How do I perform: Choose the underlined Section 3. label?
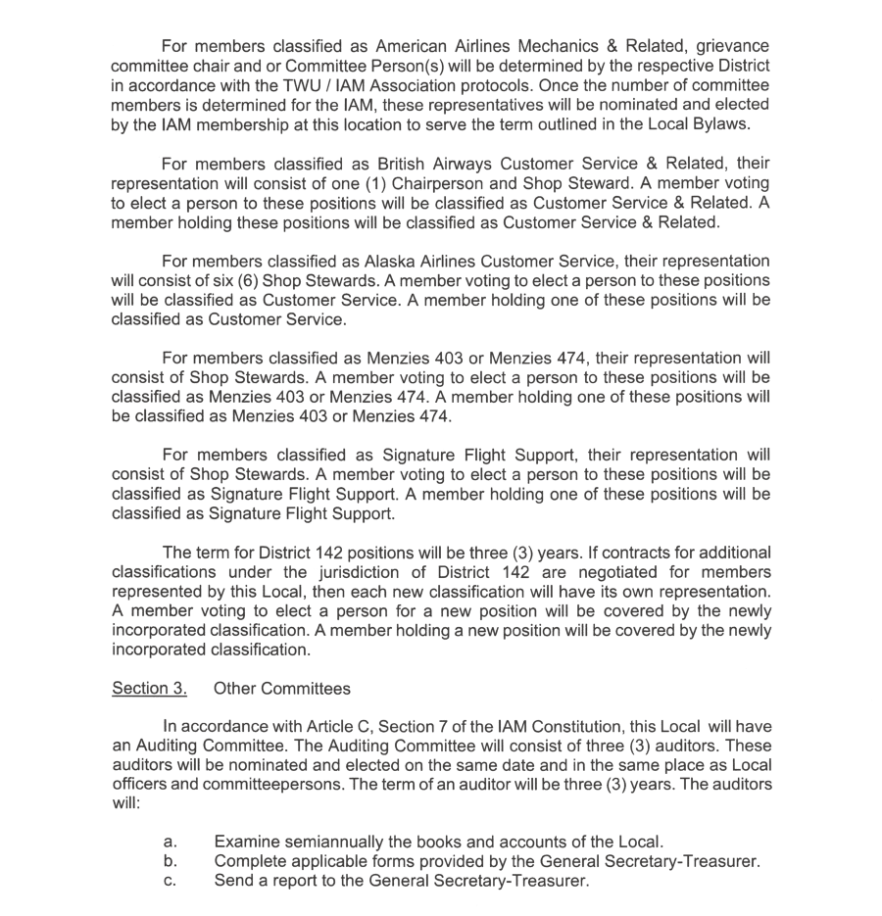(149, 689)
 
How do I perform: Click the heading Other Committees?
(281, 689)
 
